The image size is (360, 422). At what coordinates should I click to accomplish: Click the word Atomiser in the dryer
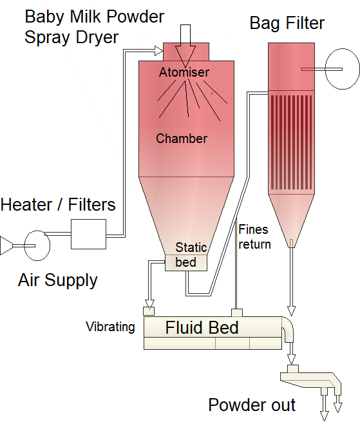tap(184, 72)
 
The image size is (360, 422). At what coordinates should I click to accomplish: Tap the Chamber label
tap(182, 139)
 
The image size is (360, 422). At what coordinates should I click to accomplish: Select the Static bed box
tap(186, 263)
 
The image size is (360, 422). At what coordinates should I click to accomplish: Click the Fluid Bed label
tap(202, 327)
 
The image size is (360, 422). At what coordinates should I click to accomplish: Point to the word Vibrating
tap(110, 327)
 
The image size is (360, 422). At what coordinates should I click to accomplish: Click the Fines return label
tap(254, 237)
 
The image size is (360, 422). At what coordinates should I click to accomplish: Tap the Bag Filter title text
tap(287, 23)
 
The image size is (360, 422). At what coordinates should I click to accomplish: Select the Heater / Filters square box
tap(88, 234)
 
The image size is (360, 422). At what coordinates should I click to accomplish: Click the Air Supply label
tap(57, 280)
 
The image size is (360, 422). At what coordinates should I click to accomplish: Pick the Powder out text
tap(252, 405)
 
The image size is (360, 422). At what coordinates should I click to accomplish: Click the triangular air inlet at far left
tap(6, 245)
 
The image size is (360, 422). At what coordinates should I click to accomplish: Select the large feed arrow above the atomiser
tap(185, 46)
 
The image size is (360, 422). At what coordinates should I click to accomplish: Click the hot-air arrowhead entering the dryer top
tap(158, 51)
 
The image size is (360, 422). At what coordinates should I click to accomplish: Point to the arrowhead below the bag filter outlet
tap(291, 311)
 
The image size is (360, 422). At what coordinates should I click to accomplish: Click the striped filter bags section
tap(291, 142)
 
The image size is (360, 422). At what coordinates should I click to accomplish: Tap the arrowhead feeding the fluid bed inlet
tap(149, 303)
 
